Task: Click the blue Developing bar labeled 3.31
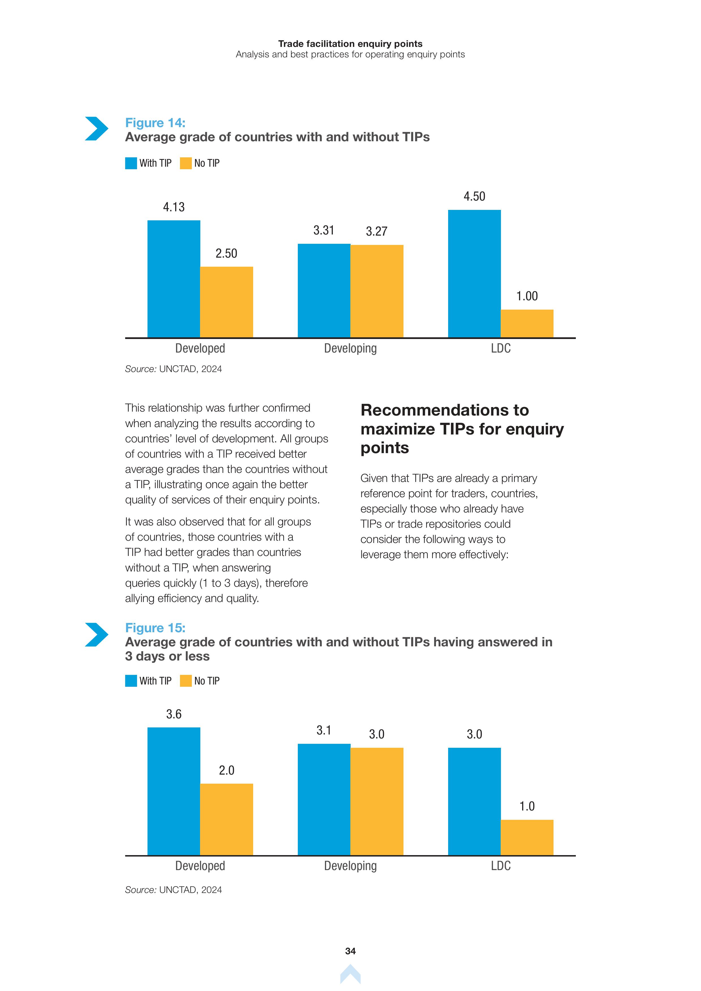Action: pyautogui.click(x=324, y=290)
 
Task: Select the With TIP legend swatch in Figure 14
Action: pyautogui.click(x=131, y=163)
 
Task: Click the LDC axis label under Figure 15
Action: pyautogui.click(x=501, y=866)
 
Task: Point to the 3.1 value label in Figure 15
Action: pyautogui.click(x=324, y=730)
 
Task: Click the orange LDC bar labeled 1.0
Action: pyautogui.click(x=527, y=837)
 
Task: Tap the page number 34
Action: pyautogui.click(x=350, y=951)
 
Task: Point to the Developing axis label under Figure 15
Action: pyautogui.click(x=350, y=866)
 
